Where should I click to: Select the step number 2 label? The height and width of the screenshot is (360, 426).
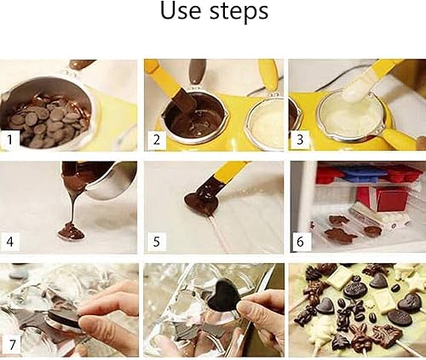pos(157,138)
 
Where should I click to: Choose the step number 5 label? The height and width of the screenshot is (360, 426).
pos(157,241)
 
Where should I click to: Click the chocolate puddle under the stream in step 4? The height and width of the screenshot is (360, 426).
pos(71,231)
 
